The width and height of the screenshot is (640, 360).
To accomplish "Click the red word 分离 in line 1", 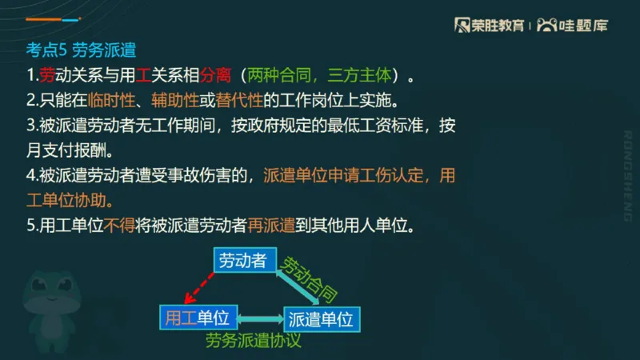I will tap(215, 76).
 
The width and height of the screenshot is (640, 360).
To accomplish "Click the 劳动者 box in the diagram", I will tap(243, 261).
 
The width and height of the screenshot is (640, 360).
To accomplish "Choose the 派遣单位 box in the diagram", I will tap(320, 318).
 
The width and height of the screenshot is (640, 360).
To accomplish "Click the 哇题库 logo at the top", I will tap(573, 26).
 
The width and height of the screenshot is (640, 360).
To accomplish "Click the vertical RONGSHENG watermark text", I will tap(627, 175).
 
